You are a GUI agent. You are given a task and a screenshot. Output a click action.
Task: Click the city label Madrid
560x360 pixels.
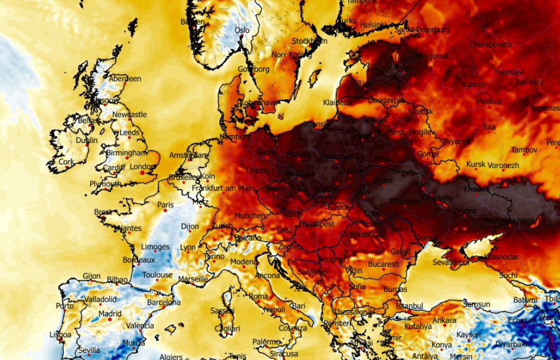tap(110, 314)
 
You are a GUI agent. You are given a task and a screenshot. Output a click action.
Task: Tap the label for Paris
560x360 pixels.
tap(165, 205)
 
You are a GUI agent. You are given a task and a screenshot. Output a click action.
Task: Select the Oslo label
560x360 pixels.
tap(242, 31)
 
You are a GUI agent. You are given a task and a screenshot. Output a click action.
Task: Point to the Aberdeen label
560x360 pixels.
tap(125, 79)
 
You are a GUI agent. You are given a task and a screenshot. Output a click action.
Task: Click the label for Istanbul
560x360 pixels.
tap(410, 305)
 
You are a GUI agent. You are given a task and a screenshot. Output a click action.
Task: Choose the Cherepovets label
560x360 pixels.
tap(490, 44)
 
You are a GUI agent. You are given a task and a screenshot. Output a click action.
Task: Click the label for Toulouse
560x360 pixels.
tap(157, 275)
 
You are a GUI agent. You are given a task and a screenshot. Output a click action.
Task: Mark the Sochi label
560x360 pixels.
tap(508, 275)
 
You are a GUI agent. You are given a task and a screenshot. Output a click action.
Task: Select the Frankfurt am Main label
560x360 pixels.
tap(223, 188)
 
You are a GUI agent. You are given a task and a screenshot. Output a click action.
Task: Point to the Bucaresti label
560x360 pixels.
tap(383, 264)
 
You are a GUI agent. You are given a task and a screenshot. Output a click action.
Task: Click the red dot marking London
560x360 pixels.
tap(143, 173)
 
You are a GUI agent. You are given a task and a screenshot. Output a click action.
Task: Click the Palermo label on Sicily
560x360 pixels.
tap(266, 342)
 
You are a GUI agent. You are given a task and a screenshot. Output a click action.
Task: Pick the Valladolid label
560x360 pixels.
tap(100, 299)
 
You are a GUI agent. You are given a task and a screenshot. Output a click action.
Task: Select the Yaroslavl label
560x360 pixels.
tap(509, 72)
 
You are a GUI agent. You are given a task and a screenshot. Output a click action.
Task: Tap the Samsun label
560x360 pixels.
tap(477, 304)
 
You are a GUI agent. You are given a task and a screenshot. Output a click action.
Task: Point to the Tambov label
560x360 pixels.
tap(524, 149)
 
